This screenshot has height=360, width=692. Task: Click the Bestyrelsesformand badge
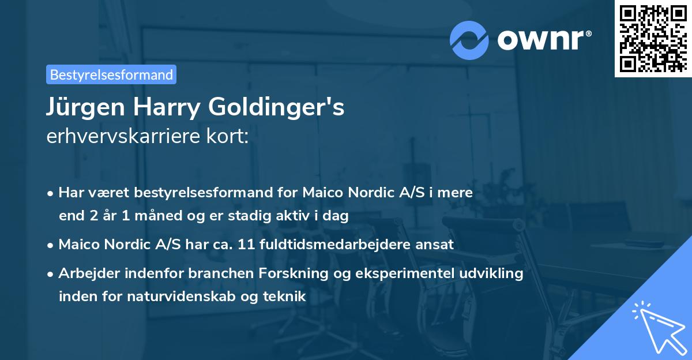tap(111, 74)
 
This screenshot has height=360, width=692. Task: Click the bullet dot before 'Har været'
tap(51, 193)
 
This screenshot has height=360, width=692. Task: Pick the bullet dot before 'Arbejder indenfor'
tap(51, 274)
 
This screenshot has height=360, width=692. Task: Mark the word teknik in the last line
tap(284, 297)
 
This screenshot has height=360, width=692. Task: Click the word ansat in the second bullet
tap(437, 244)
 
